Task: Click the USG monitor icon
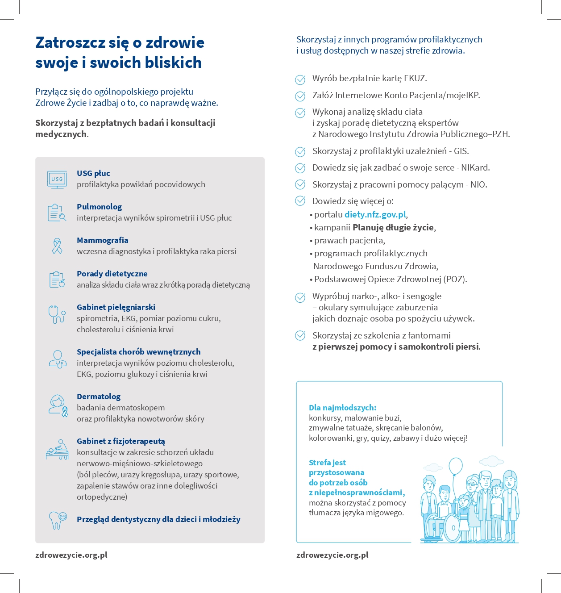(57, 179)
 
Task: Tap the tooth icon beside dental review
(58, 520)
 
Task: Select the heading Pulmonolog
(99, 207)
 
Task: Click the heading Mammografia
(102, 240)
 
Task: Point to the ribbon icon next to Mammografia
(57, 246)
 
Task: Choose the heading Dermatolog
(98, 397)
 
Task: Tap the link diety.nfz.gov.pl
(375, 214)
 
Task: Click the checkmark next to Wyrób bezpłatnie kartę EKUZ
(300, 79)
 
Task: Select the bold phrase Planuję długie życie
(393, 227)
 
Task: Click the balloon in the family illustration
(455, 467)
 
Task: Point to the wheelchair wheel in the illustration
(452, 527)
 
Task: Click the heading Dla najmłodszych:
(342, 408)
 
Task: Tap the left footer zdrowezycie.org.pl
(71, 555)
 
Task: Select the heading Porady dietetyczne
(112, 274)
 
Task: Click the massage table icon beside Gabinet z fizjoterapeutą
(57, 449)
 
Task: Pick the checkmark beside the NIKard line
(300, 168)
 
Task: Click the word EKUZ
(415, 79)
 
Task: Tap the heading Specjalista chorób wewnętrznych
(138, 352)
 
